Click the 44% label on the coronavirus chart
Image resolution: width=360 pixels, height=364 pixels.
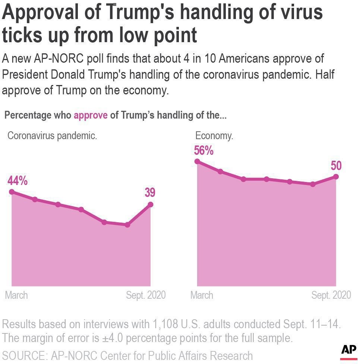(18, 181)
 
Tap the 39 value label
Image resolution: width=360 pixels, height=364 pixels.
(150, 192)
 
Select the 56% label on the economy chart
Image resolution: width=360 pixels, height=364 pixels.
(203, 151)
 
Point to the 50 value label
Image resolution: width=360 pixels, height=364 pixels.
(336, 166)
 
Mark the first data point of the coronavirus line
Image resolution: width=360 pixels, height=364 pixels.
(12, 192)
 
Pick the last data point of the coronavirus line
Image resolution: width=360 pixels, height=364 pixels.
(151, 204)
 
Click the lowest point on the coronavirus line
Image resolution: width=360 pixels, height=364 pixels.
(127, 225)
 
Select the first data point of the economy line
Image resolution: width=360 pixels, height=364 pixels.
(198, 161)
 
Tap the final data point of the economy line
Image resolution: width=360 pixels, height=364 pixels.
(336, 176)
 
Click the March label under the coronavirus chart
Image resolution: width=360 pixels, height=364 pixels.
(16, 295)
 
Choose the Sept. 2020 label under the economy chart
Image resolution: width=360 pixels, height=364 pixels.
(331, 295)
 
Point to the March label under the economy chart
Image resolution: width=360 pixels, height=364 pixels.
(202, 295)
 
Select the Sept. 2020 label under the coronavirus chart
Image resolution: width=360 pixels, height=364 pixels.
(146, 295)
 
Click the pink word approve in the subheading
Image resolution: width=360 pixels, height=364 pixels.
(91, 115)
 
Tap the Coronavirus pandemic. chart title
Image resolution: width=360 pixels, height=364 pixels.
(53, 136)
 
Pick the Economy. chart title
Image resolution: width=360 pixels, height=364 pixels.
(214, 136)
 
